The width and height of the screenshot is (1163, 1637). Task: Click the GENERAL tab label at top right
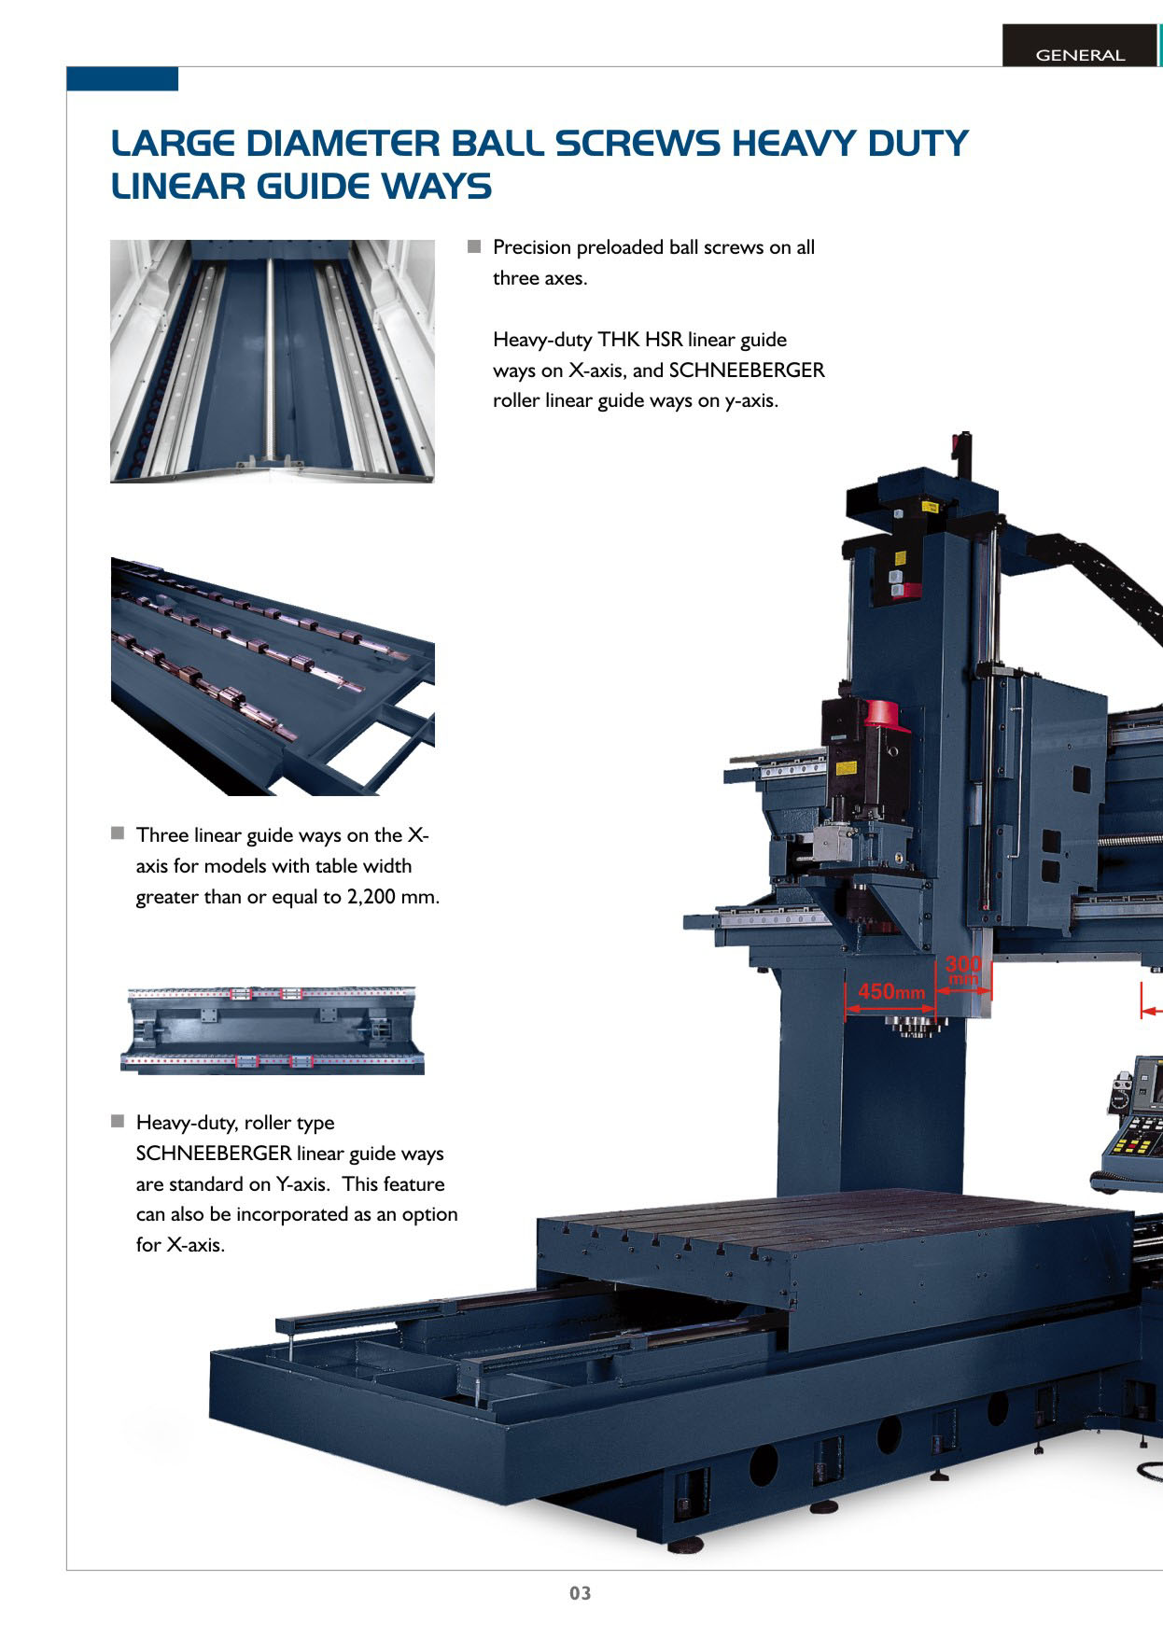click(1080, 55)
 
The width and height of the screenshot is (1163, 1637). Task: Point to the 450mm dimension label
click(891, 990)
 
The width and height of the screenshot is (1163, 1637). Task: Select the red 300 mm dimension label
click(963, 970)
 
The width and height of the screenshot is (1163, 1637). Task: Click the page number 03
click(581, 1592)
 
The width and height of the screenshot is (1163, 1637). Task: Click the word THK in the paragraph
click(618, 339)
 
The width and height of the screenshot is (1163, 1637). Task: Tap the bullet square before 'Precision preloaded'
click(474, 246)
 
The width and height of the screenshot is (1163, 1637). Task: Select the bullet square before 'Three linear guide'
click(118, 832)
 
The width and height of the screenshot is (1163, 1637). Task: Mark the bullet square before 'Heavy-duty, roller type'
click(118, 1121)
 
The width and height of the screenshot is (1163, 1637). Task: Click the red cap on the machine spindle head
click(887, 715)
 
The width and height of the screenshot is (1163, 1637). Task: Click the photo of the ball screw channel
click(273, 361)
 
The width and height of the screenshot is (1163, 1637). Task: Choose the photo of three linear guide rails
click(273, 677)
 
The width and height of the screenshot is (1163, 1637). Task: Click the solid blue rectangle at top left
click(122, 78)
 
